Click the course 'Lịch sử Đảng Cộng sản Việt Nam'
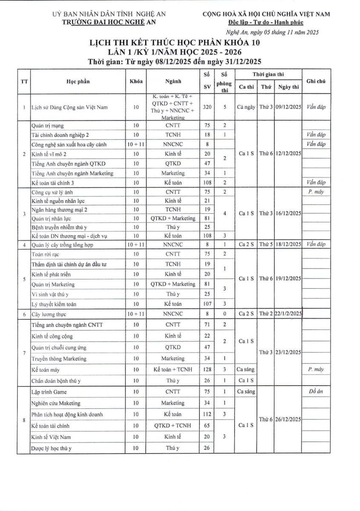pos(68,108)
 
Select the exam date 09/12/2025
pos(288,108)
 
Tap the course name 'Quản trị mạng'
pos(47,126)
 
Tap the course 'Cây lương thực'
pos(47,314)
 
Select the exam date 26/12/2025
pos(288,419)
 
